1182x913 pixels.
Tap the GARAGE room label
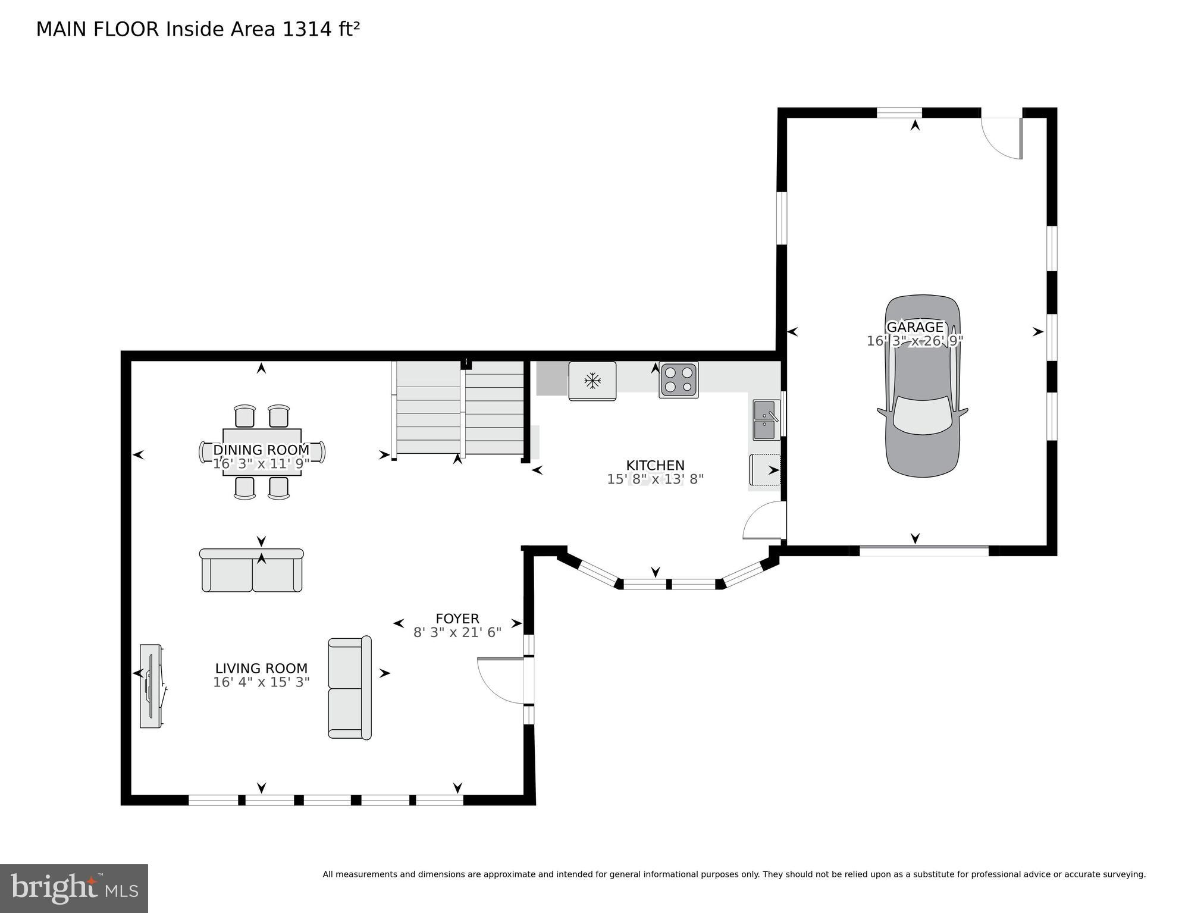click(x=915, y=327)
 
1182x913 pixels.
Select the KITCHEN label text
click(x=655, y=465)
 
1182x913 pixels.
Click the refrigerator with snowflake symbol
click(x=592, y=381)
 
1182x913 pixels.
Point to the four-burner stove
click(x=678, y=379)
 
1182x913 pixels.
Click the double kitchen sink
click(x=766, y=420)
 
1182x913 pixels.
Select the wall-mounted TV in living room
click(x=151, y=685)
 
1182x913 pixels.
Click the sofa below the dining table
click(x=252, y=570)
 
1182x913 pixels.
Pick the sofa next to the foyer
click(x=349, y=688)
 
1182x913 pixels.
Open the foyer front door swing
click(x=501, y=680)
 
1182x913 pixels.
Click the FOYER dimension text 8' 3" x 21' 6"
click(x=457, y=632)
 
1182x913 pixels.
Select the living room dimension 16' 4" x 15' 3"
click(x=261, y=682)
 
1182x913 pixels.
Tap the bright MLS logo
click(x=74, y=888)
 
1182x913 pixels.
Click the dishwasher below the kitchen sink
click(x=764, y=470)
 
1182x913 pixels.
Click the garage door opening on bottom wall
click(x=924, y=551)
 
